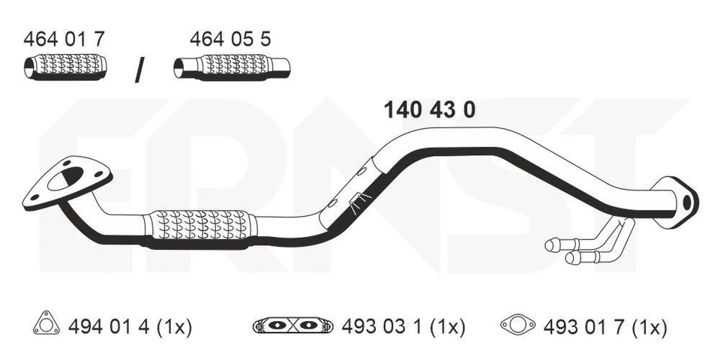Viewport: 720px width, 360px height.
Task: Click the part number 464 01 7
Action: [64, 39]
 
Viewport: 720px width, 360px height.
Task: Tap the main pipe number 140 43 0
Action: [429, 110]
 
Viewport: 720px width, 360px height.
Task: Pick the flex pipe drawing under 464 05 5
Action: [232, 69]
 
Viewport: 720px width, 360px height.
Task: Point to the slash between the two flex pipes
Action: [139, 70]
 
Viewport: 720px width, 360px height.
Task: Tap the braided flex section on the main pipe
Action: [199, 226]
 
